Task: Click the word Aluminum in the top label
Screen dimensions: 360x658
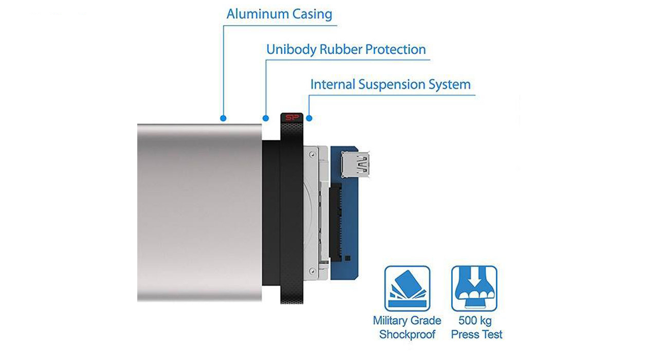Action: pos(257,14)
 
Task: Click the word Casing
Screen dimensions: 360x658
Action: pos(312,14)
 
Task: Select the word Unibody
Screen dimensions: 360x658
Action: pos(291,50)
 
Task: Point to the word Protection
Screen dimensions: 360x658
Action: pos(395,50)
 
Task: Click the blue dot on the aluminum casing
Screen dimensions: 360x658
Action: pos(223,118)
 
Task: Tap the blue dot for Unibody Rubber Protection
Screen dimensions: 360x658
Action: pos(266,118)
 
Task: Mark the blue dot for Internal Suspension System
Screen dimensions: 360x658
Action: pos(309,118)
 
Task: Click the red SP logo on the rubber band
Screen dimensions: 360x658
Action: pos(291,118)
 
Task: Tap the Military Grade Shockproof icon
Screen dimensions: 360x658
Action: pos(407,289)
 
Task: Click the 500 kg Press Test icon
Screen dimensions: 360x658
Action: pos(474,289)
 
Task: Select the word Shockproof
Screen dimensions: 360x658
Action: pos(407,335)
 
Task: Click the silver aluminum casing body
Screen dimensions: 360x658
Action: pos(198,211)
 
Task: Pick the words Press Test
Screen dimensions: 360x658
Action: pos(477,335)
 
